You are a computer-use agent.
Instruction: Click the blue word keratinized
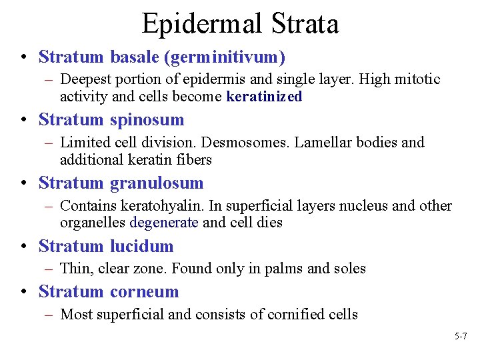[x=264, y=97]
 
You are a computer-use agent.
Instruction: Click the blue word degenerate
[x=164, y=223]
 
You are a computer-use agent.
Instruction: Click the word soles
[x=348, y=269]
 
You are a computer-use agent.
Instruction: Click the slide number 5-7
[x=461, y=337]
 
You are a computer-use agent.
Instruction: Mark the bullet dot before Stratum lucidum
[x=25, y=247]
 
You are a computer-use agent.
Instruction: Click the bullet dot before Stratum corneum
[x=25, y=292]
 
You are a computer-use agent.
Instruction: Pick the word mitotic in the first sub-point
[x=416, y=79]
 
